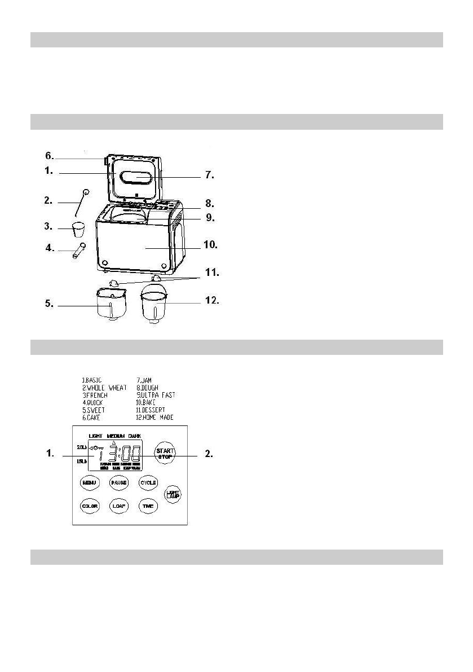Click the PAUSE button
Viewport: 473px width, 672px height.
[x=119, y=483]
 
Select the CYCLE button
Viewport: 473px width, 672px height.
[x=148, y=483]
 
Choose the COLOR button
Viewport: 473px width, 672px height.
[x=90, y=506]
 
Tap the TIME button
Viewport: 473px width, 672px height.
[x=148, y=506]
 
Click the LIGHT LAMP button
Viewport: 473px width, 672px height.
[x=172, y=494]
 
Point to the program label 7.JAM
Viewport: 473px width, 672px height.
[x=145, y=380]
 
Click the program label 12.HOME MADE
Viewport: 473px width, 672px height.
[x=155, y=418]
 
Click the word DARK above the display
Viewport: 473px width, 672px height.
[x=135, y=436]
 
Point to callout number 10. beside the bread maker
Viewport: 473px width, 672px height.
[x=210, y=245]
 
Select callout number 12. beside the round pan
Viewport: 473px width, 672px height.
[x=210, y=301]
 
